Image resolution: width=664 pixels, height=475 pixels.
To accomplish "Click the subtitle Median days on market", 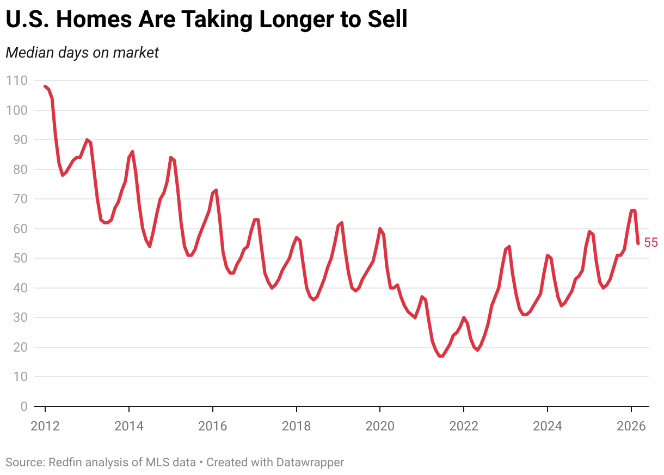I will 82,53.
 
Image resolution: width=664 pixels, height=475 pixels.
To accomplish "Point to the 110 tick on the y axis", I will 16,81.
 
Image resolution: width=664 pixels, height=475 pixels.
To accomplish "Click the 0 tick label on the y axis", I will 23,406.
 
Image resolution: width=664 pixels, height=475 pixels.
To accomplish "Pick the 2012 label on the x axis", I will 45,425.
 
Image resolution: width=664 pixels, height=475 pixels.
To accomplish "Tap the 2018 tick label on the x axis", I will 296,425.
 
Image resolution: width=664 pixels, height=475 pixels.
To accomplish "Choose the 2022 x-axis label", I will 463,425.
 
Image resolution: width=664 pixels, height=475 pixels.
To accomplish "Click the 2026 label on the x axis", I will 631,425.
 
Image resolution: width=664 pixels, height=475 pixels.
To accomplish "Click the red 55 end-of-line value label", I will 650,243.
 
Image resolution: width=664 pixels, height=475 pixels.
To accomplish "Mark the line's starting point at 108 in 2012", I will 45,86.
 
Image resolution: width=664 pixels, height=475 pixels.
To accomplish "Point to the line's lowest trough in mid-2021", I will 440,356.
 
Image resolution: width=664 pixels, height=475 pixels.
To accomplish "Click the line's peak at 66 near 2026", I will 633,211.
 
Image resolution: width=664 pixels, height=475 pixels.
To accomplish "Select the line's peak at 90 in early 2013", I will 87,140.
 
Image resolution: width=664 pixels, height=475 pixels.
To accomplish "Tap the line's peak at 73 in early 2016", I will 216,190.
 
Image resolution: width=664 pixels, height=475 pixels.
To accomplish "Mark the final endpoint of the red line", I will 638,243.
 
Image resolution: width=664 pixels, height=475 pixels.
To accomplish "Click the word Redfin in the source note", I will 65,462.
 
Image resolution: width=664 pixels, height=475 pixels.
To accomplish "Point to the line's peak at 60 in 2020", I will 380,229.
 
